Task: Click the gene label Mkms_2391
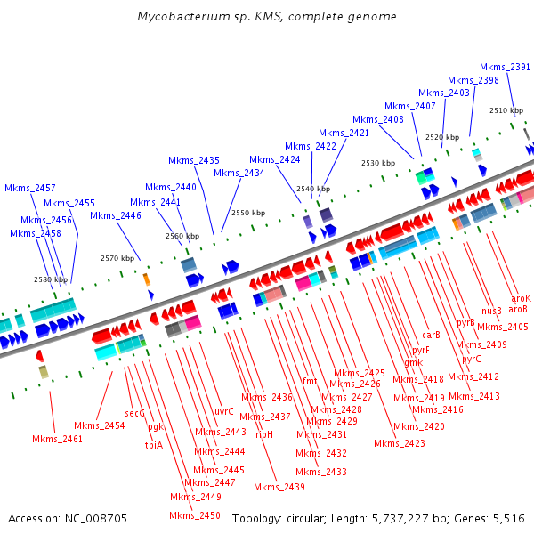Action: (505, 67)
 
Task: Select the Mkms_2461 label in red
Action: (57, 439)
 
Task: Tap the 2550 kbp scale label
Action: (248, 213)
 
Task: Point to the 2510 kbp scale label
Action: (506, 110)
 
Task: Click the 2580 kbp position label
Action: (51, 279)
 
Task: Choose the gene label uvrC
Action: (223, 411)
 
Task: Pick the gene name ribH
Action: (264, 434)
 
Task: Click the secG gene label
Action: (134, 413)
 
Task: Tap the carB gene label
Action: (432, 335)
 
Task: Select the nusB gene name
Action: (492, 311)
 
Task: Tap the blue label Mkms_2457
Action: (29, 188)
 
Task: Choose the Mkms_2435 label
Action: (194, 160)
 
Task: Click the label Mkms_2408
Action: (377, 119)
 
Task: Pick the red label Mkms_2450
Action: (195, 515)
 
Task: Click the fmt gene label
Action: (310, 381)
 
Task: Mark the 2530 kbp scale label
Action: (377, 163)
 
